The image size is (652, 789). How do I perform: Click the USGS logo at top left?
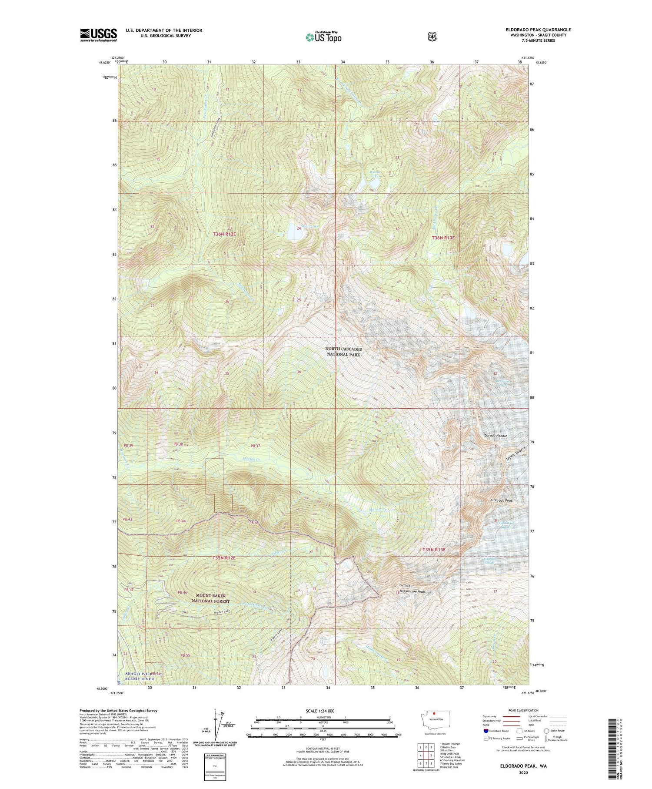(x=99, y=35)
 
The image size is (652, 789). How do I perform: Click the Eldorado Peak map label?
(x=499, y=500)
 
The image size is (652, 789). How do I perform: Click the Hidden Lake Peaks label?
(x=412, y=591)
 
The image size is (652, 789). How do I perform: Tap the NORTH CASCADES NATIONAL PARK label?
(x=343, y=352)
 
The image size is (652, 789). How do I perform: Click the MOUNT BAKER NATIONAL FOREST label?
(x=210, y=598)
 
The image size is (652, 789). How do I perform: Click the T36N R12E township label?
(x=224, y=234)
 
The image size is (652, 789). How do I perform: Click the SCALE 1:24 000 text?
(x=323, y=711)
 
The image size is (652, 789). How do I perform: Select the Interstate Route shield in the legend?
(x=486, y=731)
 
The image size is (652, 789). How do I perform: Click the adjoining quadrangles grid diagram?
(x=426, y=755)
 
